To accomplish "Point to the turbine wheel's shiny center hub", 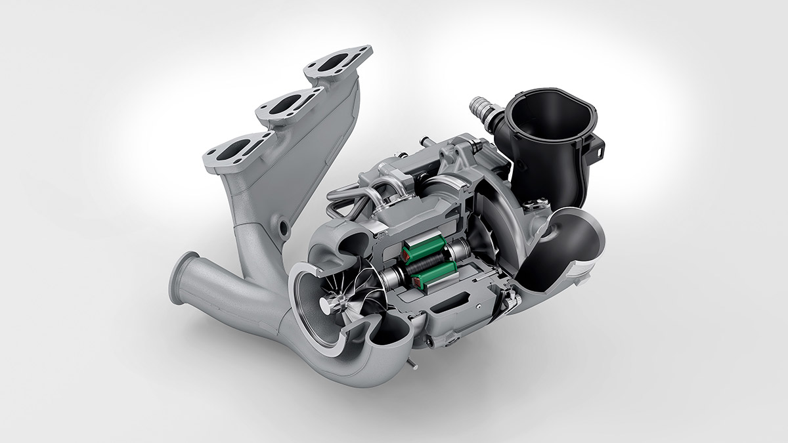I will click(326, 305).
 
